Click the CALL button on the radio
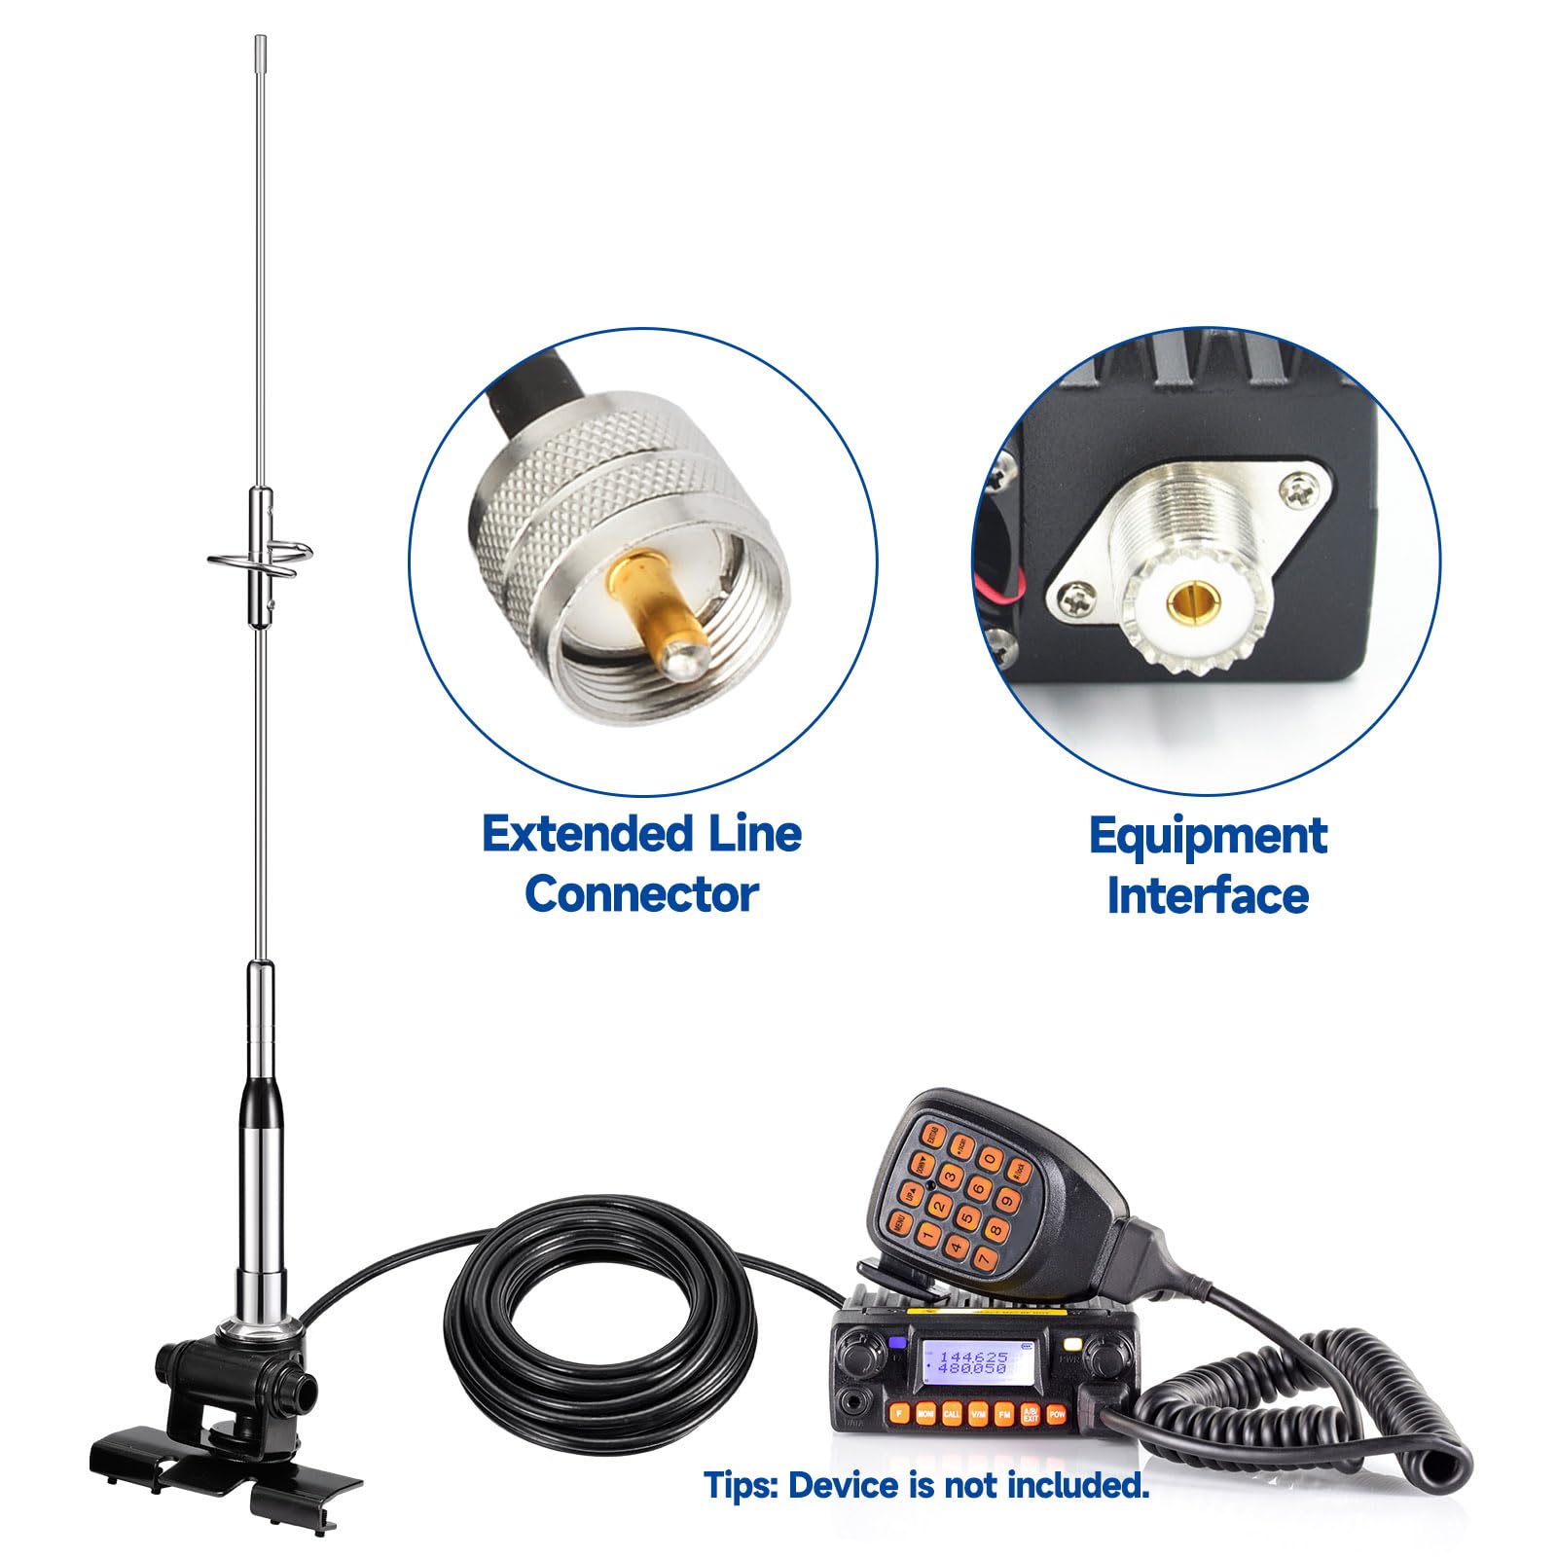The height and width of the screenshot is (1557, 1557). (952, 1413)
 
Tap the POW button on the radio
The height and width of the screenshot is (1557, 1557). (1057, 1413)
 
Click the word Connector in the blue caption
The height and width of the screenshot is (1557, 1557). (641, 894)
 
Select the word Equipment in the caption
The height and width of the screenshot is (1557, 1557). (1208, 836)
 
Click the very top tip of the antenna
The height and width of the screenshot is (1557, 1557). (261, 39)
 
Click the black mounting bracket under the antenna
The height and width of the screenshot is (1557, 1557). (224, 1440)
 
